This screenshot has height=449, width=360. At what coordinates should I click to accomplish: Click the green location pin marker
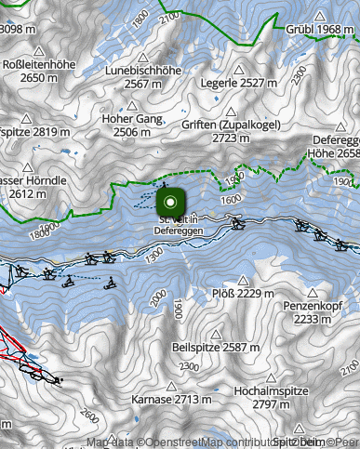(171, 202)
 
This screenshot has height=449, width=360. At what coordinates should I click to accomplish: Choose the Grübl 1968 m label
(321, 31)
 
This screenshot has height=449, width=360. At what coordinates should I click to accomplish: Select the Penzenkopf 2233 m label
(314, 311)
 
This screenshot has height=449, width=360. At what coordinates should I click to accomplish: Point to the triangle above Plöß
(244, 279)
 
